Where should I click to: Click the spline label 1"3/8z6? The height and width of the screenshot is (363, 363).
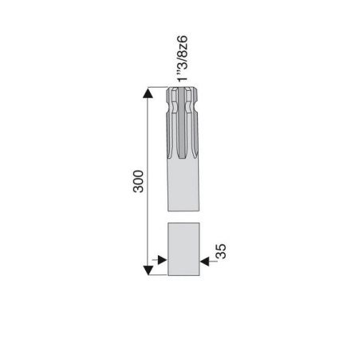[x=182, y=58]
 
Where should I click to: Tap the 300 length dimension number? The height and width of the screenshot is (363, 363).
[x=138, y=181]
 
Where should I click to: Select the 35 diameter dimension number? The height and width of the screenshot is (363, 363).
[x=221, y=251]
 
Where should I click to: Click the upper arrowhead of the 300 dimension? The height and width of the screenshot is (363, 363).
[x=148, y=93]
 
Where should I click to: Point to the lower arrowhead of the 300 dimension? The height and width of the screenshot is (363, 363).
[x=148, y=270]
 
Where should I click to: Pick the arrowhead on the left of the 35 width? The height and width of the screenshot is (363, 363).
[x=162, y=260]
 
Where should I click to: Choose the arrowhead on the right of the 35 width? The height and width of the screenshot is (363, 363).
[x=204, y=262]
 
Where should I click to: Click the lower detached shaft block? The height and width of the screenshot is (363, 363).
[x=183, y=249]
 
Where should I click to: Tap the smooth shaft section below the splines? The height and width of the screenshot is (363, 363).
[x=183, y=184]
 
